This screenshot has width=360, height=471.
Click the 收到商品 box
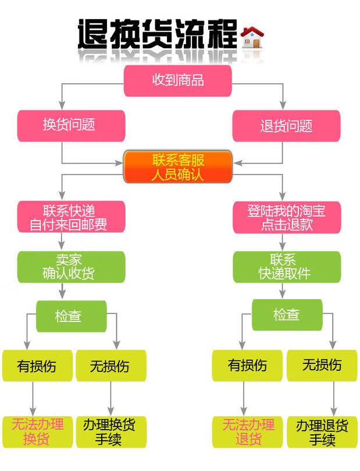tap(178, 81)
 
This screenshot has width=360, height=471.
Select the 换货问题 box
tap(71, 126)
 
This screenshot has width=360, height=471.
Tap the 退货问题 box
tap(287, 126)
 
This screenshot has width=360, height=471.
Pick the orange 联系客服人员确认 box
tap(178, 167)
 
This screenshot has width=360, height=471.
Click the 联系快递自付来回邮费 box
tap(71, 217)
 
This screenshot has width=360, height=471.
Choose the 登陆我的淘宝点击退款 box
tap(287, 217)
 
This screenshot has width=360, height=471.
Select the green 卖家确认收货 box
tap(71, 267)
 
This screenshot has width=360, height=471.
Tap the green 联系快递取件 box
tap(287, 267)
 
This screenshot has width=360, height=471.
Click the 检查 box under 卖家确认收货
tap(72, 316)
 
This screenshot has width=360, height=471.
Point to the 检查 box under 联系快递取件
tap(287, 315)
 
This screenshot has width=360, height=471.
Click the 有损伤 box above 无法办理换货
tap(37, 366)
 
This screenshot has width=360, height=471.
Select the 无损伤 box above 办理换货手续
tap(111, 366)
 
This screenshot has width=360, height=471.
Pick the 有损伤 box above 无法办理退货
tap(248, 366)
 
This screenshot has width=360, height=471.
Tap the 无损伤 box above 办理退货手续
tap(322, 366)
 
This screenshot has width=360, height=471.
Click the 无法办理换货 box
tap(37, 432)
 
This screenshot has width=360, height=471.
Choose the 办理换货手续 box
tap(111, 432)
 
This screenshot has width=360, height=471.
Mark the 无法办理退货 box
tap(248, 432)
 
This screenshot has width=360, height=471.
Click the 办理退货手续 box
tap(322, 432)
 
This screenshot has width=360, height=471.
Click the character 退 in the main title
tap(93, 34)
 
